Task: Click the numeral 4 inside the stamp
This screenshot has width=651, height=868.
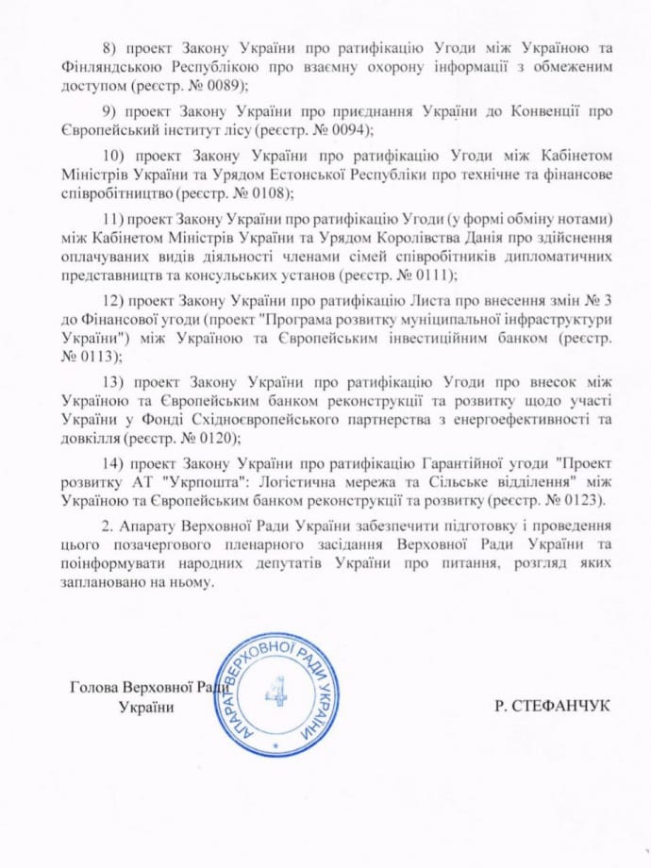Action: click(x=276, y=693)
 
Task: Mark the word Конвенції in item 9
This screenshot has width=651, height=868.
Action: click(x=554, y=110)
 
